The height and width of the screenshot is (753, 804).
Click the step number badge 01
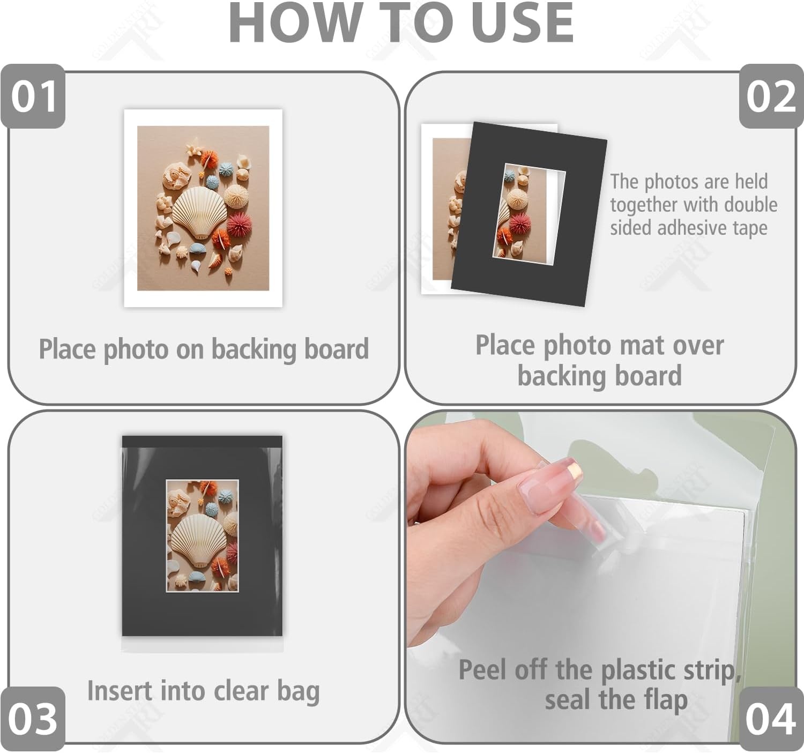(x=33, y=96)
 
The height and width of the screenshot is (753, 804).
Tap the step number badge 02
(x=771, y=96)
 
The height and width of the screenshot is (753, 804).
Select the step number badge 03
(x=33, y=719)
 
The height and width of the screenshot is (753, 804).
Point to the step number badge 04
(x=771, y=719)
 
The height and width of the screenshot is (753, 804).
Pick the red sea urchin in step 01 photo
(x=240, y=225)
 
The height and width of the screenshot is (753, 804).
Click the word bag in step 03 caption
(x=299, y=691)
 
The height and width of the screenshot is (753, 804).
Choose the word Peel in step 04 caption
(x=483, y=670)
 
